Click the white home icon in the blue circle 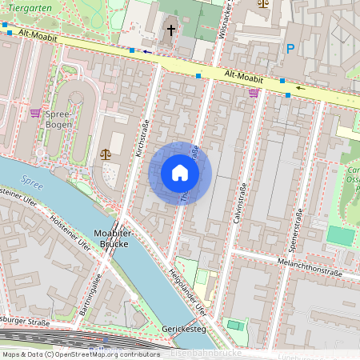pos(180,173)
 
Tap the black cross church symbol pos(170,30)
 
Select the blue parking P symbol pos(290,49)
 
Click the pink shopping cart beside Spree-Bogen pos(35,113)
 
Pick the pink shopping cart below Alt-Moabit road pos(254,93)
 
